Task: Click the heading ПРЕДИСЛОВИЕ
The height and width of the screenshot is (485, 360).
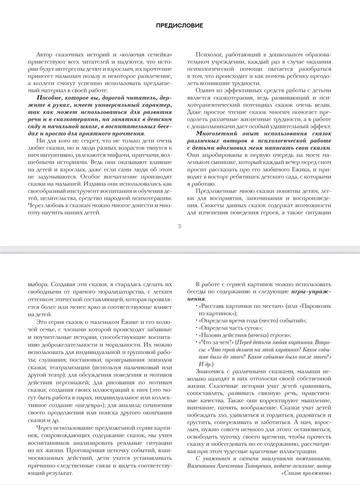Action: [x=180, y=25]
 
